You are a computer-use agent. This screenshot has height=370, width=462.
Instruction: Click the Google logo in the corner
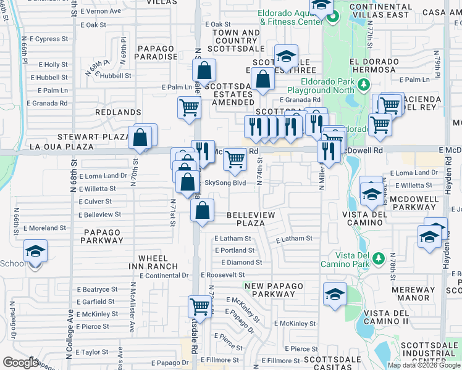(20, 363)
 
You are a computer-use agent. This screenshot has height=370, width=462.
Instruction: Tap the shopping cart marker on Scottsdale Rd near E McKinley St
(199, 306)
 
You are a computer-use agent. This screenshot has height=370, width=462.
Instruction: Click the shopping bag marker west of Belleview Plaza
(202, 210)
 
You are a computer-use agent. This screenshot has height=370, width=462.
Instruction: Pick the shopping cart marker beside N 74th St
(235, 159)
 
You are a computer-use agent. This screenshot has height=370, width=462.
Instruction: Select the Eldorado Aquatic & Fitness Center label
(291, 17)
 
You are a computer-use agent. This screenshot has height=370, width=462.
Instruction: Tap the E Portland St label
(234, 250)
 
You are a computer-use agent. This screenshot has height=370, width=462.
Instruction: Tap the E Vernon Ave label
(101, 11)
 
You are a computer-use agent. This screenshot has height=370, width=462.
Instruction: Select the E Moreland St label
(44, 228)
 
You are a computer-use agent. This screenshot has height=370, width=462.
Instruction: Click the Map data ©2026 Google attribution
(423, 365)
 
